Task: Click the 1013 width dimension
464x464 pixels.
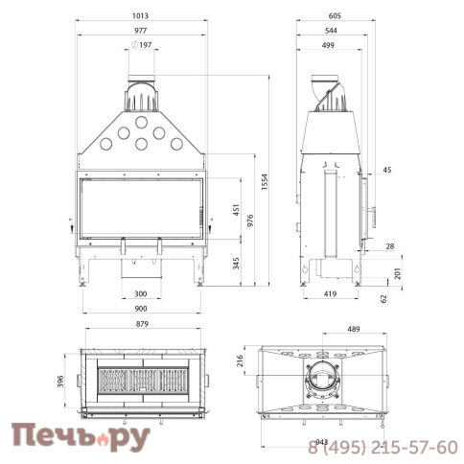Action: pos(141,15)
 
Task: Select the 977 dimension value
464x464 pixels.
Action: pos(141,31)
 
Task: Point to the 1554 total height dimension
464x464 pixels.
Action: pos(265,182)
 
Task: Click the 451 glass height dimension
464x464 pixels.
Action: pos(236,210)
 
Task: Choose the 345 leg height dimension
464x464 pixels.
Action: pos(236,264)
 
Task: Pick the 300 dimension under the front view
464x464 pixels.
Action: pos(141,293)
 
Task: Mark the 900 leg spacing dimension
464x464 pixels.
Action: pos(141,309)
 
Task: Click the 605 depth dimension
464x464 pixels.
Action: pos(335,15)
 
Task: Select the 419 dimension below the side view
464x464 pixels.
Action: pos(330,293)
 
